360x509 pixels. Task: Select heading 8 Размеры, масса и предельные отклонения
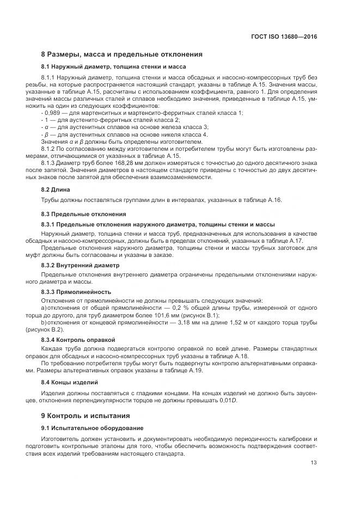(122, 54)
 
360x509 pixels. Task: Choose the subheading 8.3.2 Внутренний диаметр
(80, 265)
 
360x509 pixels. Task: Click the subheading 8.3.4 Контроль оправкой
(78, 339)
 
